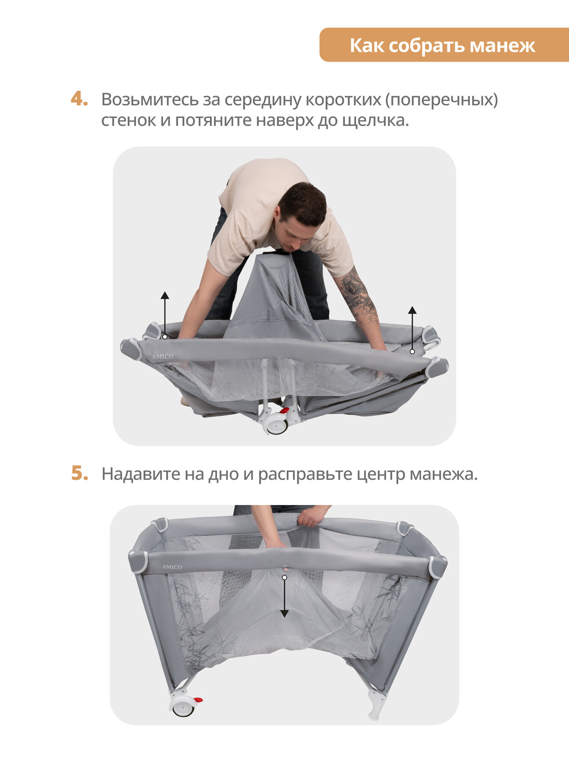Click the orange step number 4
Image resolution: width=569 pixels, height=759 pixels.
click(79, 99)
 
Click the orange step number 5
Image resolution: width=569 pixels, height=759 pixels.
click(80, 473)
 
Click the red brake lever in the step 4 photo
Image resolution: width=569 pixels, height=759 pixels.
click(284, 411)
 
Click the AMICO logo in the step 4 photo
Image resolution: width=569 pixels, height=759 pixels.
click(162, 357)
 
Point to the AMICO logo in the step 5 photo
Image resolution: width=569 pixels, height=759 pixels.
click(172, 567)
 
